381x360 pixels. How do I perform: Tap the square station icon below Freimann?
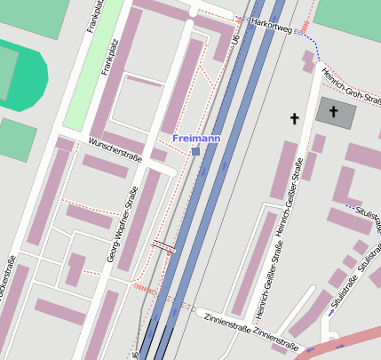coord(195,152)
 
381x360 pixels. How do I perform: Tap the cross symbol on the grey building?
coord(333,112)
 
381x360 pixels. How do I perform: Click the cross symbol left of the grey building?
coord(294,117)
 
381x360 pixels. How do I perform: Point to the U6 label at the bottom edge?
coord(136,354)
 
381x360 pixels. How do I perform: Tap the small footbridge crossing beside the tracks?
coord(163,246)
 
